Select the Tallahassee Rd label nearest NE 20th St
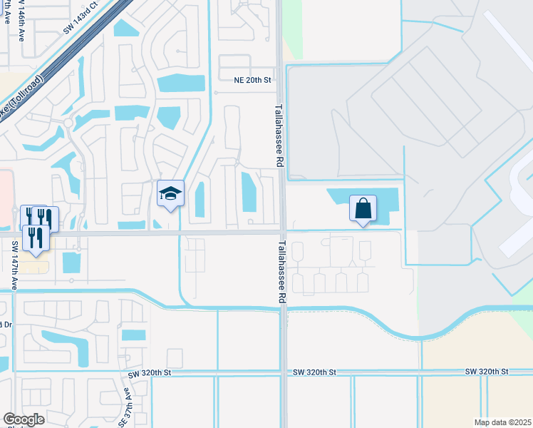coord(279,136)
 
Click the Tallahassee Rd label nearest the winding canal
coord(279,275)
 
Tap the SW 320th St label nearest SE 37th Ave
coord(150,373)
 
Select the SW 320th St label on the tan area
coord(487,372)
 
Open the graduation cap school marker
coord(170,194)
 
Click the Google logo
coord(24,419)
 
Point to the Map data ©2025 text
coord(502,422)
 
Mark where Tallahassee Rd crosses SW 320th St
coord(284,372)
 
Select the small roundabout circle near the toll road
coord(69,123)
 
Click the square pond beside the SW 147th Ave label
coord(71,263)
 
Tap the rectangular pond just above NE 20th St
coord(181,83)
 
